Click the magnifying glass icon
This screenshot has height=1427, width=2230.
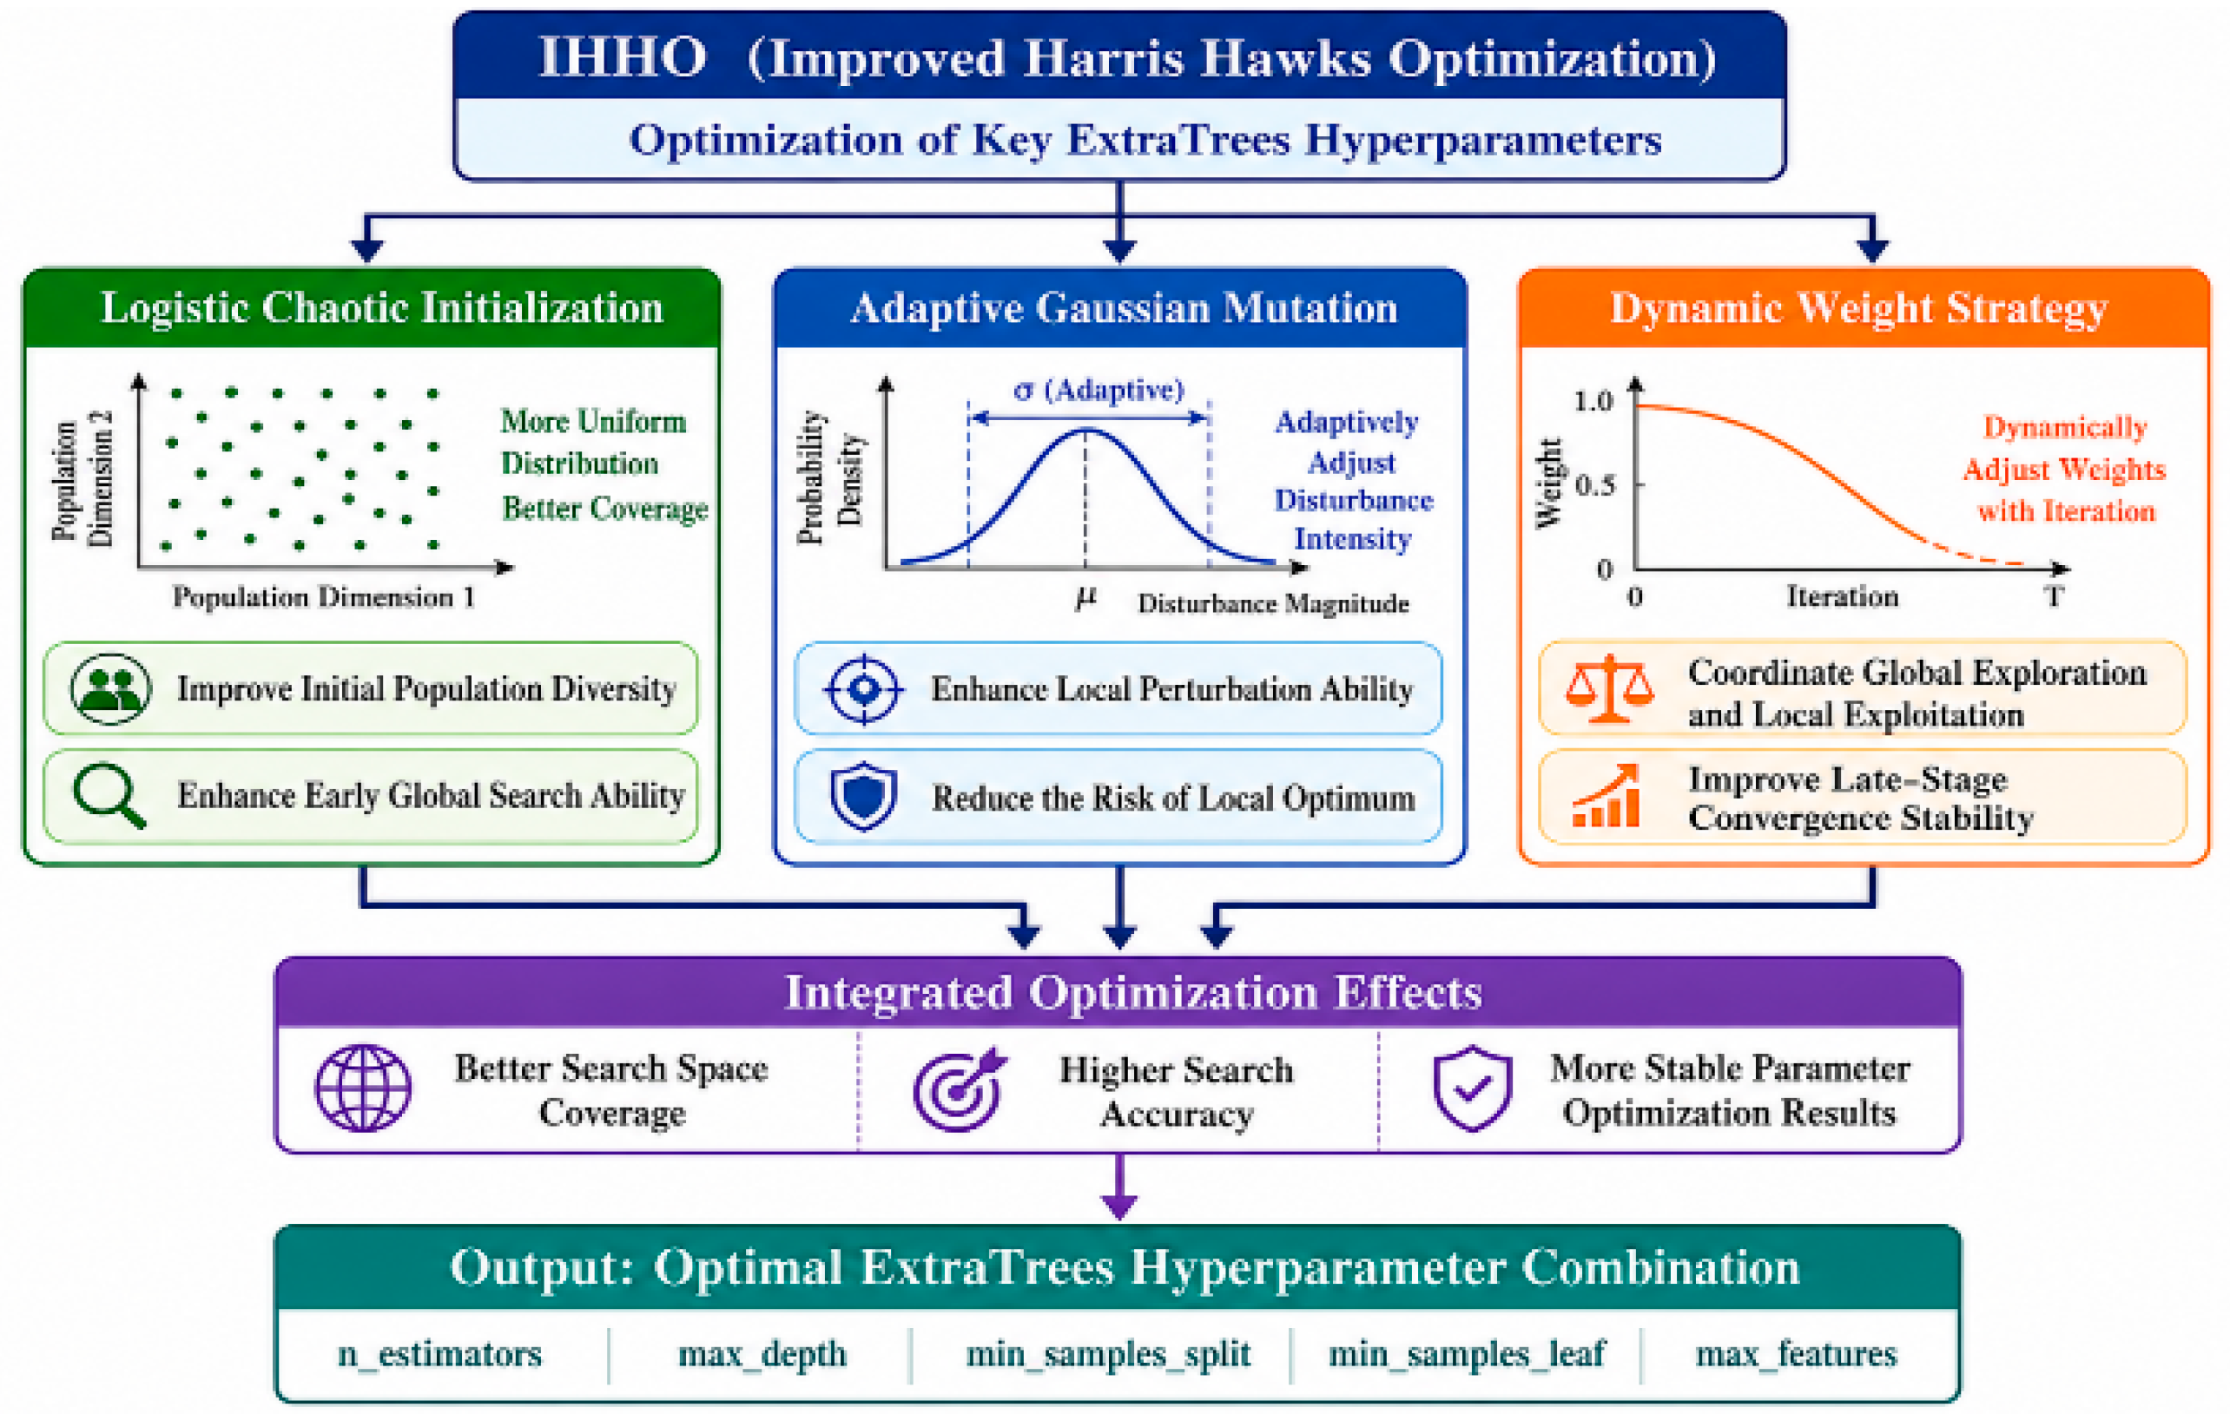109,796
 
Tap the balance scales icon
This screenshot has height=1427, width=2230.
1609,688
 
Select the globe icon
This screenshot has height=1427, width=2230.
363,1088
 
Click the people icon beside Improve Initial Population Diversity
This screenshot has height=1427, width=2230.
110,689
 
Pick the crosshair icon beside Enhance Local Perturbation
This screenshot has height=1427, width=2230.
864,689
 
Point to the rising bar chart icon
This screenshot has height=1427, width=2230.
1607,796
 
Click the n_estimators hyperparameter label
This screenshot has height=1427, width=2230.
439,1355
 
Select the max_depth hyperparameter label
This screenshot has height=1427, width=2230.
762,1355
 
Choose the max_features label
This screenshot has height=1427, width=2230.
1796,1355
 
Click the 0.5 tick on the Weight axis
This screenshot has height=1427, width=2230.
1594,484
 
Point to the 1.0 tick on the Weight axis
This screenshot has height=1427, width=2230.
1593,401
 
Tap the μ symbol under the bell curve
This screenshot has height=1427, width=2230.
1085,599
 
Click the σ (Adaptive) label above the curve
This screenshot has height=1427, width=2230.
1099,390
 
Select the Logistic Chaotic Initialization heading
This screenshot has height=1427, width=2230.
382,307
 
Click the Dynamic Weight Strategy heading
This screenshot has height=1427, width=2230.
1859,308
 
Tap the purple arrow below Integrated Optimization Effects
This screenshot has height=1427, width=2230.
1119,1187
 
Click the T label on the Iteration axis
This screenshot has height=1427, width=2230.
2054,595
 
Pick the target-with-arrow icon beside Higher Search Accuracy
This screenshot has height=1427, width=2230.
960,1089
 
